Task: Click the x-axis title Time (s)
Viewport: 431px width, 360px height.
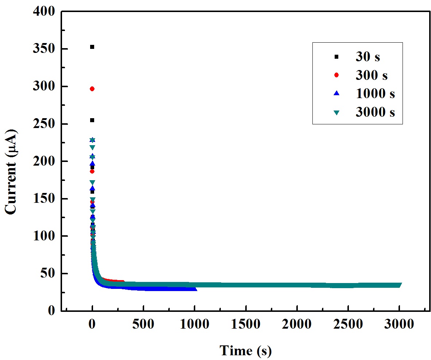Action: tap(246, 351)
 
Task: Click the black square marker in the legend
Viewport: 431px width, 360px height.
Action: tap(336, 57)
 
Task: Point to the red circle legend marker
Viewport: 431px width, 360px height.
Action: tap(336, 75)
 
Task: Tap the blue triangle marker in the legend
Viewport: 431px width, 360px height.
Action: tap(336, 93)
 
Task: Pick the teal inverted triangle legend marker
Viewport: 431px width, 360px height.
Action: tap(336, 113)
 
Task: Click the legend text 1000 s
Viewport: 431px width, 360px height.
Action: tap(375, 93)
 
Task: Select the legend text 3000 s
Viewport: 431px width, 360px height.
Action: tap(375, 112)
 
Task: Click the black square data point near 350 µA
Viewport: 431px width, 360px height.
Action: tap(92, 47)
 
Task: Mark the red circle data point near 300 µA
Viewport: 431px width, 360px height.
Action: tap(92, 89)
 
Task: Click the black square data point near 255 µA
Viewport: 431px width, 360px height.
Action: tap(92, 120)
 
